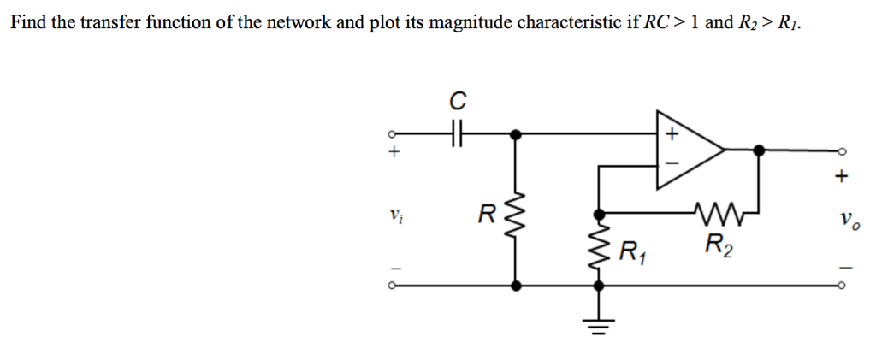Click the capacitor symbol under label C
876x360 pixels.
point(457,134)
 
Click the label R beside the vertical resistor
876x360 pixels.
point(486,214)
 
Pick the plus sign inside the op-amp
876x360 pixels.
point(672,134)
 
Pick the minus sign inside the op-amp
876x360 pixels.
point(672,162)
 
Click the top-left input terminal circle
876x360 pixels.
point(393,134)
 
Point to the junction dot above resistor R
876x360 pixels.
point(515,134)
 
